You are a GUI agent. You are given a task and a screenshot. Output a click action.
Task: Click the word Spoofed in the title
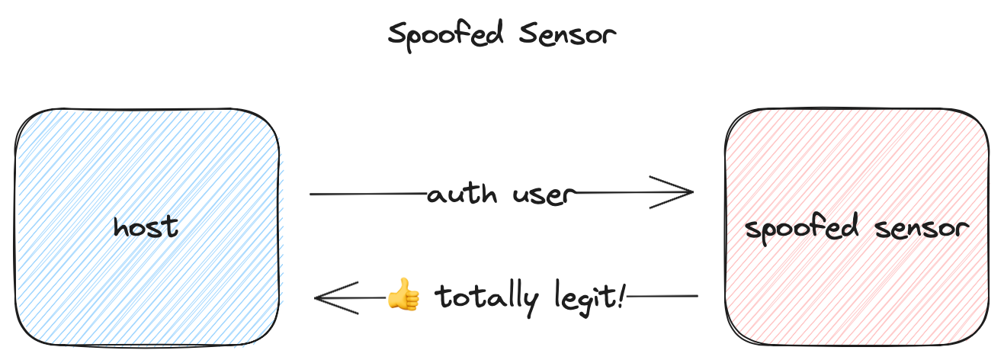click(437, 35)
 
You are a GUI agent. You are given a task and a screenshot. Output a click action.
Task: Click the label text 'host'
click(146, 227)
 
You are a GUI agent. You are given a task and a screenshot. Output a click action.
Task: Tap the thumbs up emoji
click(403, 295)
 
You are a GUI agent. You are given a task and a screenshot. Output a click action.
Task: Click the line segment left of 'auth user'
click(366, 194)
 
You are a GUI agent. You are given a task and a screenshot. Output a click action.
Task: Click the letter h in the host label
click(120, 226)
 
